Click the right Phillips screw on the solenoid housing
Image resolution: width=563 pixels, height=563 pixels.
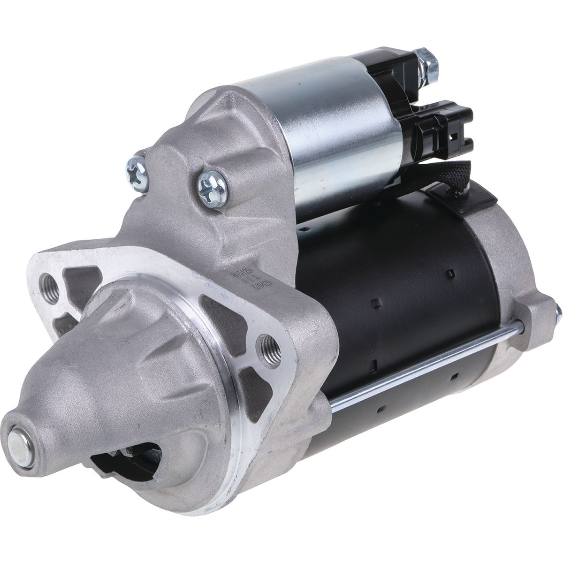tap(211, 186)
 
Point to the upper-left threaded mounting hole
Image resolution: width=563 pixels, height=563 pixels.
tap(50, 287)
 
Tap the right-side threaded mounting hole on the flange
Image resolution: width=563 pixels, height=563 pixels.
tap(271, 348)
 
